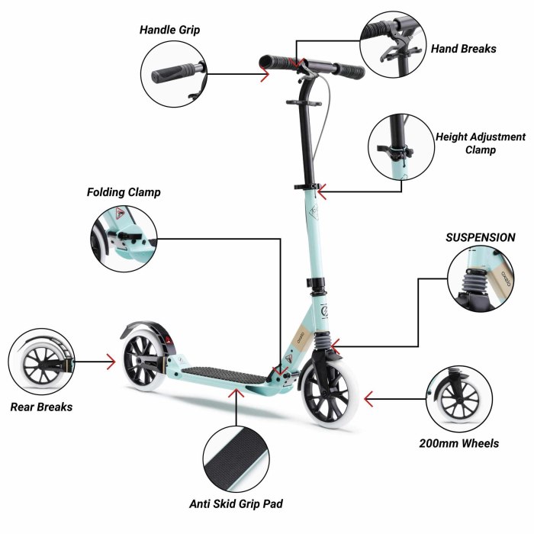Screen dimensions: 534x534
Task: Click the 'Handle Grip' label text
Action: pyautogui.click(x=169, y=30)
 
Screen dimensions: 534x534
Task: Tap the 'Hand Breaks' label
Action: pyautogui.click(x=464, y=49)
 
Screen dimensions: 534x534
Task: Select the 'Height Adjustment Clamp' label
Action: pyautogui.click(x=481, y=143)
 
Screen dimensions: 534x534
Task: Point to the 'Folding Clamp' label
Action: pyautogui.click(x=124, y=192)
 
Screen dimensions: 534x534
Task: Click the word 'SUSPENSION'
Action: pyautogui.click(x=480, y=237)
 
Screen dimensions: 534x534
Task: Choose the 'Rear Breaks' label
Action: pyautogui.click(x=41, y=407)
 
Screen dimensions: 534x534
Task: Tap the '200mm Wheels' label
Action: pyautogui.click(x=458, y=443)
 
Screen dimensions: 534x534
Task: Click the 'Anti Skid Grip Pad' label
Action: pyautogui.click(x=236, y=503)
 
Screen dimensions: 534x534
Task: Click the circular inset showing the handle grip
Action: pyautogui.click(x=174, y=74)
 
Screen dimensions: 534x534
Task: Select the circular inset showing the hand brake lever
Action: pyautogui.click(x=393, y=44)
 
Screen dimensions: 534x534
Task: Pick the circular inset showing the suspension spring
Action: pyautogui.click(x=481, y=278)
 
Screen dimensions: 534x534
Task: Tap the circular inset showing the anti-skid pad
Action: pyautogui.click(x=236, y=459)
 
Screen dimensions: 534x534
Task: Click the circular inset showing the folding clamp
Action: pyautogui.click(x=124, y=238)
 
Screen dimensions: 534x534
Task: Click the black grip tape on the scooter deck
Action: pyautogui.click(x=225, y=375)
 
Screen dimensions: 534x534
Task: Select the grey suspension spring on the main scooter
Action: pyautogui.click(x=322, y=341)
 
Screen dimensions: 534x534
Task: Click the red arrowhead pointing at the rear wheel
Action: pyautogui.click(x=111, y=362)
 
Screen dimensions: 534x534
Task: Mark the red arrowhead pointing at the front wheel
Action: pyautogui.click(x=368, y=399)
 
